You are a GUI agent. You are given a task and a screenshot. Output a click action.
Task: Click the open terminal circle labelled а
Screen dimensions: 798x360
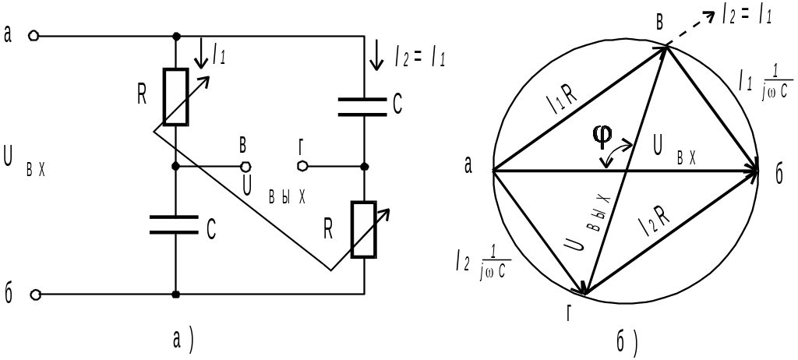click(34, 36)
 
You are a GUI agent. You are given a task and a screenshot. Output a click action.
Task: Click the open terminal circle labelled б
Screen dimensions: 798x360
click(35, 295)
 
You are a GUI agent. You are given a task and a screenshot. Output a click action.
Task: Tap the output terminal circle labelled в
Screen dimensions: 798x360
click(245, 167)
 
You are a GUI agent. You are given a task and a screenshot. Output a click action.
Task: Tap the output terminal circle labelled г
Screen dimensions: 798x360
click(302, 166)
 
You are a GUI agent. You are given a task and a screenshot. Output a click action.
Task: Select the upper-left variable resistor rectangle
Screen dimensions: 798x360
click(175, 97)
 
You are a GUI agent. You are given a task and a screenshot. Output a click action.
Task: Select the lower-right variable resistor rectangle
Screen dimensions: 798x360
click(365, 229)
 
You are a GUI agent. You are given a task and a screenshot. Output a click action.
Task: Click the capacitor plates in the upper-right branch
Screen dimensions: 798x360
click(362, 107)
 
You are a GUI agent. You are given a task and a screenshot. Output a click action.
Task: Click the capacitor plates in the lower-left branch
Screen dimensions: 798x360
click(174, 224)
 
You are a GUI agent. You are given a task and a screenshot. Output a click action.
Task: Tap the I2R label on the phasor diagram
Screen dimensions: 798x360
click(655, 223)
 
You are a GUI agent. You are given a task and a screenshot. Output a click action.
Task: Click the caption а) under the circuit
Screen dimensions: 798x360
click(183, 341)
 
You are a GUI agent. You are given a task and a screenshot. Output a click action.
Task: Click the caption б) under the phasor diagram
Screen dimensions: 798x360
click(627, 341)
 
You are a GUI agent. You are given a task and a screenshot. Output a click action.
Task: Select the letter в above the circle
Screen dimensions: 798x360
click(660, 23)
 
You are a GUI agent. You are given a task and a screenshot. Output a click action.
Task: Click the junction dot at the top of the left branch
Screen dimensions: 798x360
click(176, 36)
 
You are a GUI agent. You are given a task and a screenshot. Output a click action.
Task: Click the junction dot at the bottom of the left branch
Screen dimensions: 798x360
click(175, 295)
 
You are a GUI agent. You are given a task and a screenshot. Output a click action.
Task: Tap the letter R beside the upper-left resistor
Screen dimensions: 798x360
click(143, 95)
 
